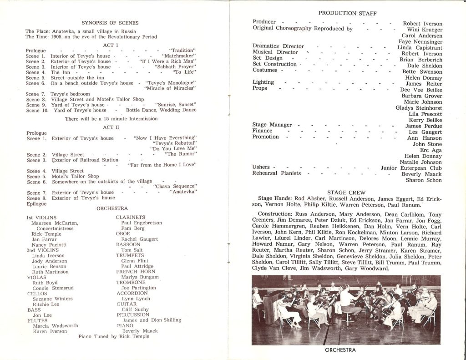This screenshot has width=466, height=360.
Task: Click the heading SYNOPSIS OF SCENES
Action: pyautogui.click(x=110, y=22)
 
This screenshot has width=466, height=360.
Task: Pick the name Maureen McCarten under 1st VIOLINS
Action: pyautogui.click(x=55, y=223)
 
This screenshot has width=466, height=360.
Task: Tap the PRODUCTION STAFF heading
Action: pyautogui.click(x=347, y=14)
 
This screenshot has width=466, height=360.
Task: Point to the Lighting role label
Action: pyautogui.click(x=263, y=82)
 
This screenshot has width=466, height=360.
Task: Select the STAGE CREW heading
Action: pyautogui.click(x=346, y=192)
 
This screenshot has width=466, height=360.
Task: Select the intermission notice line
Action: pyautogui.click(x=111, y=119)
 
